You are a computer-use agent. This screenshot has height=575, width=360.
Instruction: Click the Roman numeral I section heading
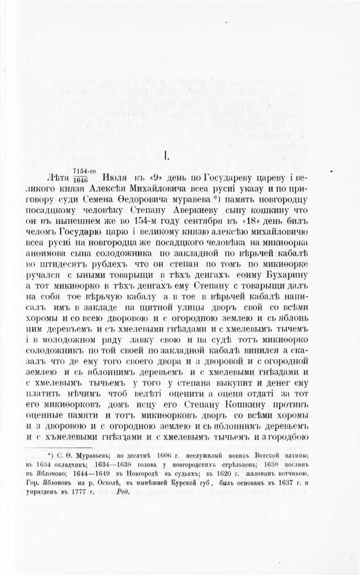(x=166, y=157)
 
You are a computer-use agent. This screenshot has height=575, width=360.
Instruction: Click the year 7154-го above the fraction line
(x=83, y=170)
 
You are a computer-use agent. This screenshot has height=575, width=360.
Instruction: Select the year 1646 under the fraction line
(x=80, y=180)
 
